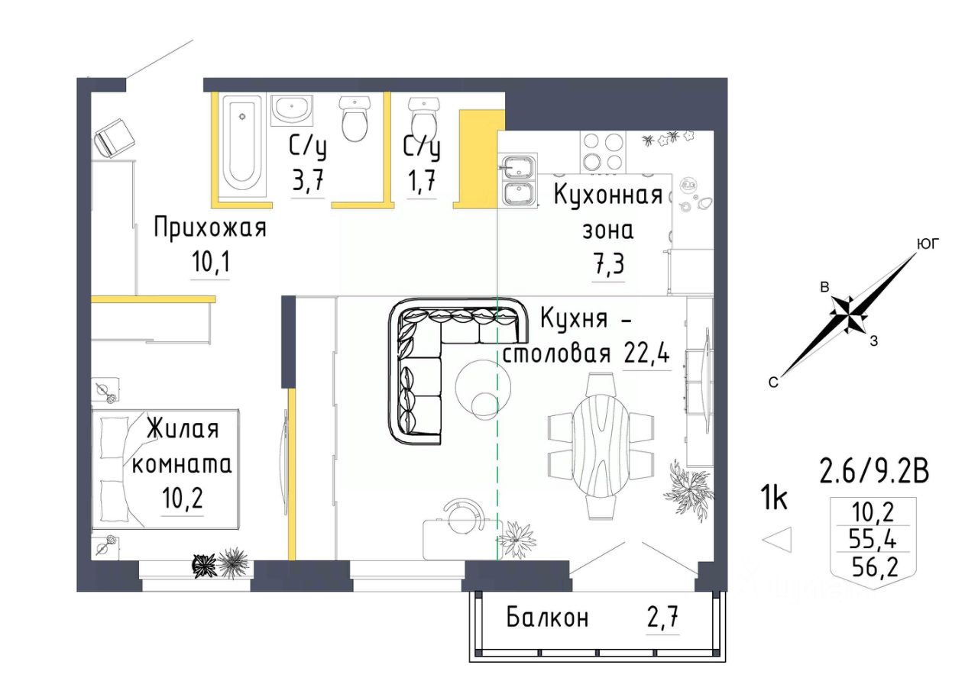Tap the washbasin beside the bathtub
pyautogui.click(x=292, y=111)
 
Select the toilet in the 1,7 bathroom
pyautogui.click(x=423, y=118)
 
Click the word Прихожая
pyautogui.click(x=210, y=228)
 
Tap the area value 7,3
pyautogui.click(x=608, y=264)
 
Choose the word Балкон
pyautogui.click(x=548, y=618)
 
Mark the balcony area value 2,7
pyautogui.click(x=662, y=618)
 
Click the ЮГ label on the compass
pyautogui.click(x=928, y=245)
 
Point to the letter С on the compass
pyautogui.click(x=773, y=382)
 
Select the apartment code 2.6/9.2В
pyautogui.click(x=875, y=472)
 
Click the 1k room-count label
pyautogui.click(x=774, y=499)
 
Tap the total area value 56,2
pyautogui.click(x=873, y=568)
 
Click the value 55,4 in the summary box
pyautogui.click(x=873, y=541)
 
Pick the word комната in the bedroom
pyautogui.click(x=182, y=465)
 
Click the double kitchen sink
pyautogui.click(x=519, y=180)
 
